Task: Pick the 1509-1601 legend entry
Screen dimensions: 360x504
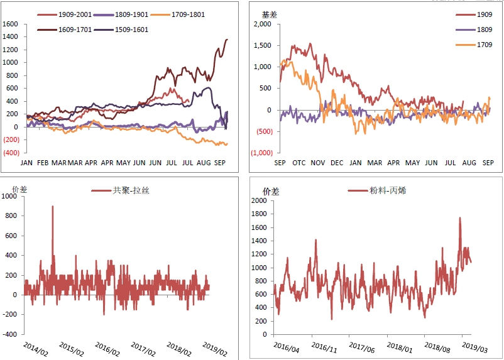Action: (130, 30)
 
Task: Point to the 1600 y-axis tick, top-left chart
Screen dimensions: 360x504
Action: (11, 24)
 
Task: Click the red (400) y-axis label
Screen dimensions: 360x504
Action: (10, 153)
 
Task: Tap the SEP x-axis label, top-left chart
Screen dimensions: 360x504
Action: (221, 163)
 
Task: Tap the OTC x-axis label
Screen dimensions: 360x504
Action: (299, 163)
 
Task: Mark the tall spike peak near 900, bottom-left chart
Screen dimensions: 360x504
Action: (52, 206)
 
